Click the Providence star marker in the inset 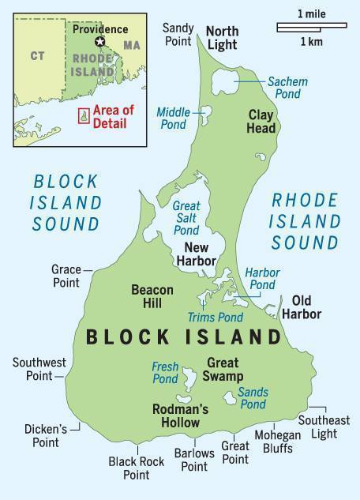[x=99, y=42]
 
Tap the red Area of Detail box [x=82, y=115]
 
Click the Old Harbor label [x=306, y=307]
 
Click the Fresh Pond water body [x=188, y=385]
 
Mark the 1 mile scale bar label [x=313, y=14]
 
